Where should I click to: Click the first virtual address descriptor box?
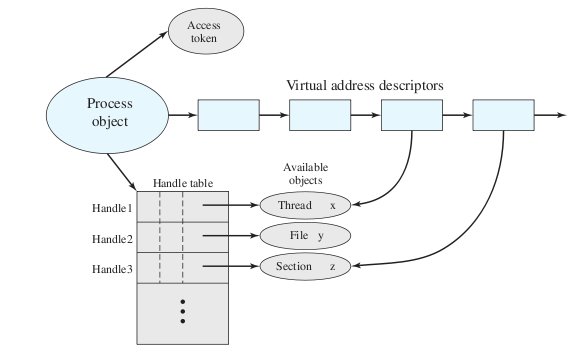coord(228,116)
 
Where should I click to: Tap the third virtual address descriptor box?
coord(411,116)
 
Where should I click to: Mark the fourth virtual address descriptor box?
coord(502,116)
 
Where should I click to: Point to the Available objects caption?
coord(305,173)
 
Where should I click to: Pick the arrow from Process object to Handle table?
coord(125,170)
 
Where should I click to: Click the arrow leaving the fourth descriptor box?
coord(550,116)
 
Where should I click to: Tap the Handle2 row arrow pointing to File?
coord(230,237)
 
